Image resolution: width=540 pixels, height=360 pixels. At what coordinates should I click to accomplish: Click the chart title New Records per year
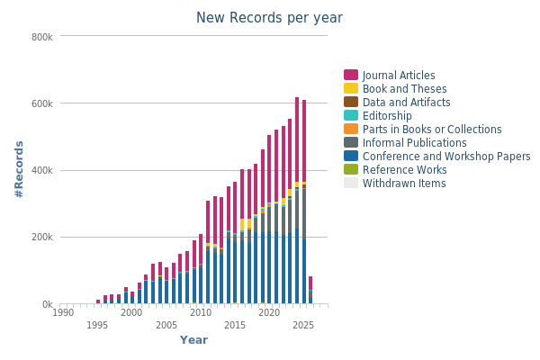click(269, 18)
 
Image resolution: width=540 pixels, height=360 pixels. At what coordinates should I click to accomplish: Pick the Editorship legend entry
click(387, 116)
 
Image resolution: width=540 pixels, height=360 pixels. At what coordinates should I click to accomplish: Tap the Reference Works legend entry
click(403, 170)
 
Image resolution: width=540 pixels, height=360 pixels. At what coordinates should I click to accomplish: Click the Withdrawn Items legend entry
click(403, 184)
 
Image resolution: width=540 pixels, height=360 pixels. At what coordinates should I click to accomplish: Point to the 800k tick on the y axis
click(42, 37)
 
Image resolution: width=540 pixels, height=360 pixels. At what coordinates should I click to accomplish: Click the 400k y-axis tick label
click(42, 171)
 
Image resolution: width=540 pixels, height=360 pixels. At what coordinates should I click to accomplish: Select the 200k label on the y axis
click(42, 238)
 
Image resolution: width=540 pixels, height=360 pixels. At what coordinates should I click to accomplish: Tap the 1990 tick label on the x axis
click(63, 313)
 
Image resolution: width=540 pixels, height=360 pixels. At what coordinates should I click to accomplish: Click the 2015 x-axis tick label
click(235, 326)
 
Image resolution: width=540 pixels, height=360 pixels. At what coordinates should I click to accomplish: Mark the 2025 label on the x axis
click(303, 326)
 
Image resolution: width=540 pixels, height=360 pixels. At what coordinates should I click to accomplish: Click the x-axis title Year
click(193, 340)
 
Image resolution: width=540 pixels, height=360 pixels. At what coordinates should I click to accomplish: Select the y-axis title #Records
click(19, 170)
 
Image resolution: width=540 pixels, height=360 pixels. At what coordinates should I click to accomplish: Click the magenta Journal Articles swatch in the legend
click(351, 76)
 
